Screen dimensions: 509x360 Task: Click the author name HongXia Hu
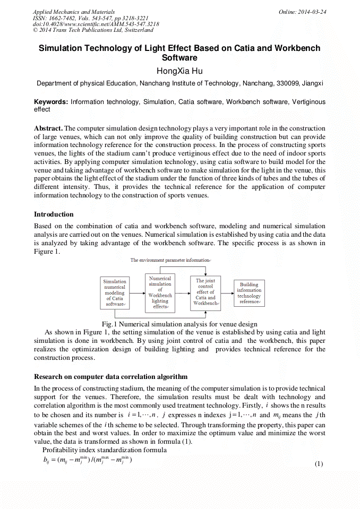[179, 71]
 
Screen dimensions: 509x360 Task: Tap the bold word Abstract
[48, 128]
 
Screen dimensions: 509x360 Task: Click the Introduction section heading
[54, 214]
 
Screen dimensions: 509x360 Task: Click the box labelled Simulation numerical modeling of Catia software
[115, 293]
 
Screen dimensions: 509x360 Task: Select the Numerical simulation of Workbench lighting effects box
[160, 292]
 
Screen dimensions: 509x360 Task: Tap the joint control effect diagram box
[205, 292]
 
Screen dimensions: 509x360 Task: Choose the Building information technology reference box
[249, 293]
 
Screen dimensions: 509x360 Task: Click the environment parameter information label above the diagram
[170, 260]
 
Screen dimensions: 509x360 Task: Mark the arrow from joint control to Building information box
[227, 293]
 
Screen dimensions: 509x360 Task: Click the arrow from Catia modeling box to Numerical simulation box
[137, 293]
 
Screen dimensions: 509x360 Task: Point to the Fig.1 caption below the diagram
[179, 324]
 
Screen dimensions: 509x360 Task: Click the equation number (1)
[319, 464]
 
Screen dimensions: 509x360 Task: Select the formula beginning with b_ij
[88, 460]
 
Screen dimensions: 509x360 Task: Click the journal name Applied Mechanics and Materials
[73, 12]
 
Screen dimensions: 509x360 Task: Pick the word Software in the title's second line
[179, 58]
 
